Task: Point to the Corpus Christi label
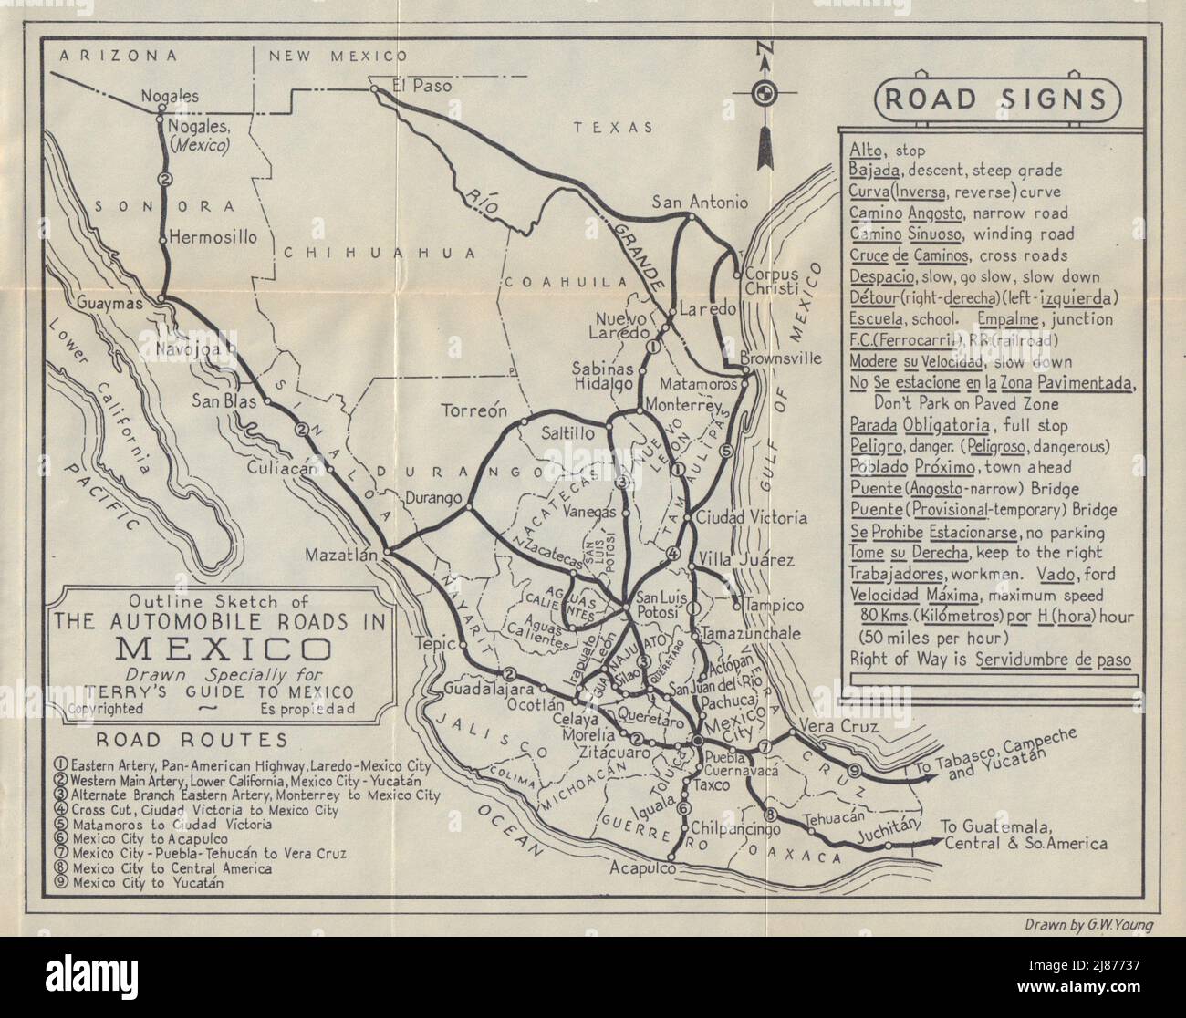(771, 281)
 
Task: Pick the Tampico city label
(774, 605)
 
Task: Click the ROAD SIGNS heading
(996, 99)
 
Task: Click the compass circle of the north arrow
(763, 92)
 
